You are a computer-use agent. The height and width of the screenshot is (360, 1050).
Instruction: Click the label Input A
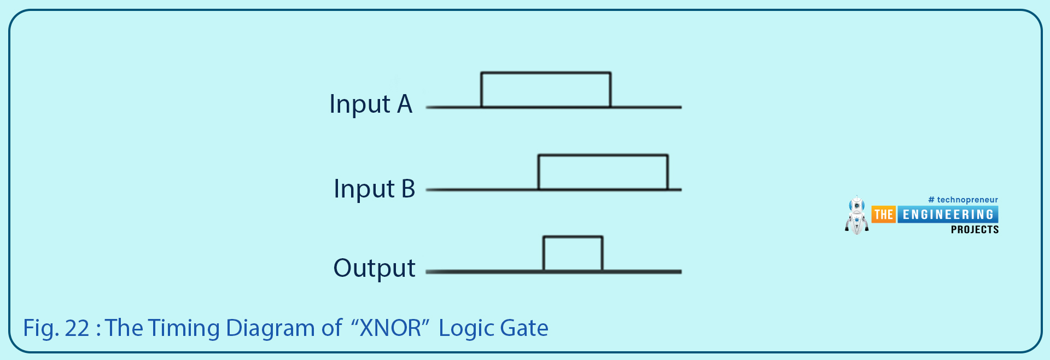(x=371, y=104)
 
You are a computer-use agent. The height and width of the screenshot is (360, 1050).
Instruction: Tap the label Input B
(x=375, y=189)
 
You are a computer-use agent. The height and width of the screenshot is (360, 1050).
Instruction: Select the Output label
(x=375, y=268)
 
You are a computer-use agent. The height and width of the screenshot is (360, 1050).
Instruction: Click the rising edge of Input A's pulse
(x=481, y=90)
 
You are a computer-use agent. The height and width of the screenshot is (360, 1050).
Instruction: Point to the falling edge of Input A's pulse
(x=610, y=90)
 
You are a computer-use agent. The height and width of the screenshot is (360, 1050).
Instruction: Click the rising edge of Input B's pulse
(x=539, y=172)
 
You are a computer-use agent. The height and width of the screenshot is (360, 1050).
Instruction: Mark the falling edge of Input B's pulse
(x=668, y=172)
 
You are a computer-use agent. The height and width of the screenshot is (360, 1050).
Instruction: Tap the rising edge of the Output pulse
(x=544, y=254)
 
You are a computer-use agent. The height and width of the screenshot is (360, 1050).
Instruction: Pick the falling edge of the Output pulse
(x=603, y=254)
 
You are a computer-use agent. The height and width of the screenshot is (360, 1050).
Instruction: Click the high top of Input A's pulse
(x=546, y=72)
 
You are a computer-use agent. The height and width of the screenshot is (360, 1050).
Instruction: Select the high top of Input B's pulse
(x=603, y=155)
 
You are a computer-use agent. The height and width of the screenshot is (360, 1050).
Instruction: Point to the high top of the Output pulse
(x=573, y=237)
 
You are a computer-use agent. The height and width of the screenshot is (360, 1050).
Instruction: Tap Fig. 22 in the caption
(x=56, y=328)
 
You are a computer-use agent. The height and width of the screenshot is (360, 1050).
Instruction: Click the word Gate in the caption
(x=524, y=328)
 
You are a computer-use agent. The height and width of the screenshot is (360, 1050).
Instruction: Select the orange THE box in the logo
(x=883, y=214)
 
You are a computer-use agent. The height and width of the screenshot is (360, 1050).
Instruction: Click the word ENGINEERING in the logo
(x=948, y=214)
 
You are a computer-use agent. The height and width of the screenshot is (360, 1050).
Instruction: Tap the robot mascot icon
(x=856, y=216)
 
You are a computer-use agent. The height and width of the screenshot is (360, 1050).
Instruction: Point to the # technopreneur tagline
(x=963, y=200)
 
